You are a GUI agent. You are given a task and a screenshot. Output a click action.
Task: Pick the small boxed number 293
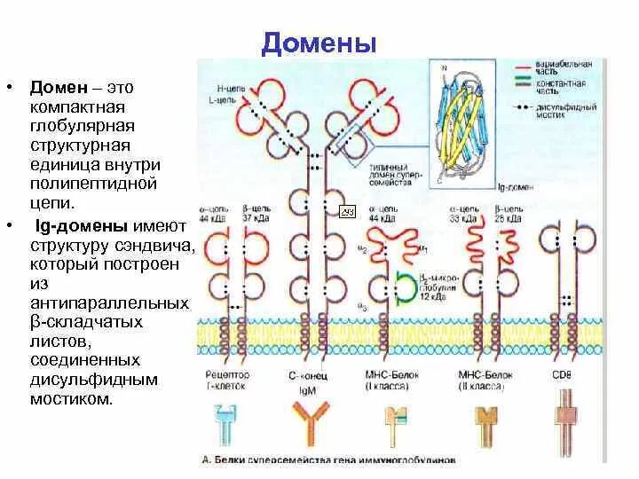tap(348, 212)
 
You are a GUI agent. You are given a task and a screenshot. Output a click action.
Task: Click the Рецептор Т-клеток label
tap(226, 380)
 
